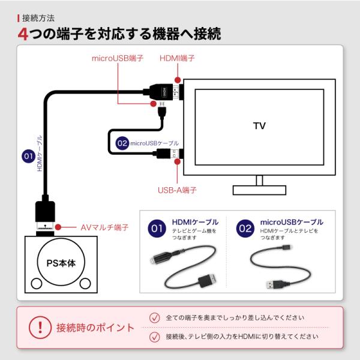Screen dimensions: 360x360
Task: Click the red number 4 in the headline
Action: [23, 34]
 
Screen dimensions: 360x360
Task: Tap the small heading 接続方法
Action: [38, 18]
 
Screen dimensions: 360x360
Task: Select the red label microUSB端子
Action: [118, 58]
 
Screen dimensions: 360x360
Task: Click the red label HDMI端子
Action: [177, 58]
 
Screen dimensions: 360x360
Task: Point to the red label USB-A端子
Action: [177, 190]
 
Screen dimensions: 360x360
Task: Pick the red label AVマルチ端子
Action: [104, 227]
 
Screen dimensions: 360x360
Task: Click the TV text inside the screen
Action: [259, 126]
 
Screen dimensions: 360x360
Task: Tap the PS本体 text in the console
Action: [61, 263]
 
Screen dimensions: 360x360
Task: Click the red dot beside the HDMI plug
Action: [178, 80]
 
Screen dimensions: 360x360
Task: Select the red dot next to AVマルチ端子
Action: [58, 227]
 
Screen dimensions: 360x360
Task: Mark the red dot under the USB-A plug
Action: [177, 161]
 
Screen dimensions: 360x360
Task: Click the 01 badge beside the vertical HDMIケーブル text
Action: [28, 157]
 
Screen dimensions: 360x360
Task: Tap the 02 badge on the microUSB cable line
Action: [122, 143]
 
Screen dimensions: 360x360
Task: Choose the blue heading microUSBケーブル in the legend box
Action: [292, 222]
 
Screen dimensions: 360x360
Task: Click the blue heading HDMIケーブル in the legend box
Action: [195, 222]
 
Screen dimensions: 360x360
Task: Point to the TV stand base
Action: [259, 190]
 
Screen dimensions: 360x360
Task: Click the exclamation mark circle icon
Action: [40, 328]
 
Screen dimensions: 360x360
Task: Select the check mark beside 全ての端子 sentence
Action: [155, 318]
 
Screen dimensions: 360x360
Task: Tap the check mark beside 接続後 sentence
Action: [155, 337]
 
